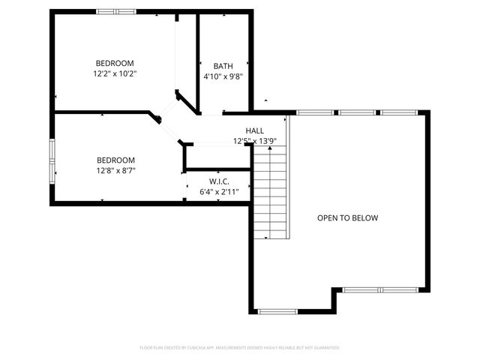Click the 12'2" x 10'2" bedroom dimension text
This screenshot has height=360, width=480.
(115, 73)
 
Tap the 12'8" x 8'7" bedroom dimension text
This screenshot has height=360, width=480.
(115, 170)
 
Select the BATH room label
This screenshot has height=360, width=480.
(223, 65)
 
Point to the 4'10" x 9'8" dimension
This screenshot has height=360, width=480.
(223, 76)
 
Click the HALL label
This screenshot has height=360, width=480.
(254, 130)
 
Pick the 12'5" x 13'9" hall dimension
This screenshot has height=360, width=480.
(254, 141)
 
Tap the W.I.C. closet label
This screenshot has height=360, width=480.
(219, 181)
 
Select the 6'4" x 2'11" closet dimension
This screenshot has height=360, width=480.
(219, 193)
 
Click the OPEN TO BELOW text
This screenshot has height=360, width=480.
(347, 218)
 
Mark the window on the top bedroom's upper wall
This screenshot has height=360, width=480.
(116, 11)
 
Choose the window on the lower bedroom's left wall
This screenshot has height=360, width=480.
(52, 160)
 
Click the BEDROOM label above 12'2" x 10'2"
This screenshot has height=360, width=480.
(115, 62)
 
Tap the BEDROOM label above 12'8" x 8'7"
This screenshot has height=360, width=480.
(115, 160)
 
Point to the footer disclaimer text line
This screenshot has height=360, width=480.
(240, 347)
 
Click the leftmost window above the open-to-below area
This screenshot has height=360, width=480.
(315, 112)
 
